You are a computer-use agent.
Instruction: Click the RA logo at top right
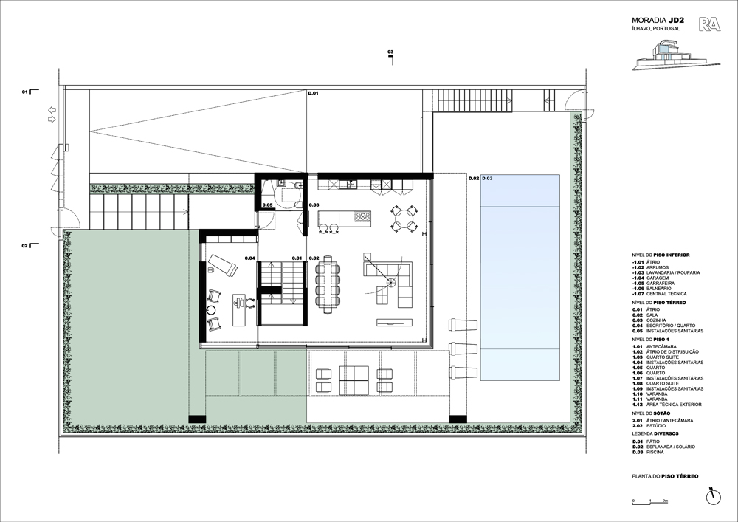pyautogui.click(x=710, y=24)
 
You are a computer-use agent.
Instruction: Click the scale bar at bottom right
pyautogui.click(x=650, y=504)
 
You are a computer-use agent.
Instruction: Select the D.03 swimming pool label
pyautogui.click(x=488, y=179)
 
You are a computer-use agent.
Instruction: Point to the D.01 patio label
pyautogui.click(x=313, y=94)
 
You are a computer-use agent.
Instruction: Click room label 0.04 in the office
pyautogui.click(x=249, y=258)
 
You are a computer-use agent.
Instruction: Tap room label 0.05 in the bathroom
pyautogui.click(x=267, y=205)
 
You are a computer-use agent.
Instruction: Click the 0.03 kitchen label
pyautogui.click(x=314, y=205)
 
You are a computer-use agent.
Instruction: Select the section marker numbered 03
pyautogui.click(x=390, y=53)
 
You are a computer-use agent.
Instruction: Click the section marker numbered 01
pyautogui.click(x=26, y=92)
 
